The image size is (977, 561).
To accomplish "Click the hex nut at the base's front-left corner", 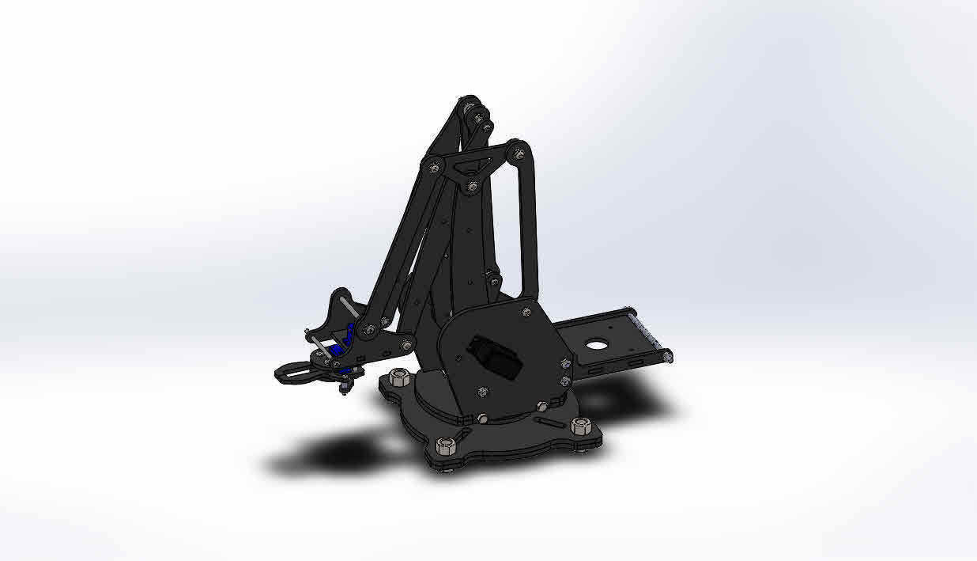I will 445,445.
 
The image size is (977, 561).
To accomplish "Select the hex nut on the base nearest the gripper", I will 399,377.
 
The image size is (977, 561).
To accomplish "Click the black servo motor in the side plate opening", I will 495,355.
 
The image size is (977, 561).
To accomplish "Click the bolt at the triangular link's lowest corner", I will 472,187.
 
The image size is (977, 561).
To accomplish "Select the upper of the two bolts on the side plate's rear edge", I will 564,363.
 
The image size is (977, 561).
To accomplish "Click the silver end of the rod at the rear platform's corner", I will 668,358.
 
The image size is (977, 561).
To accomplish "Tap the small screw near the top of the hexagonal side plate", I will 524,312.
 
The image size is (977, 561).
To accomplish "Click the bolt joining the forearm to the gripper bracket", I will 368,329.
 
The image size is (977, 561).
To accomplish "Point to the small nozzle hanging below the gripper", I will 345,388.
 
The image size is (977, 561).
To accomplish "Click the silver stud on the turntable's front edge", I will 481,418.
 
